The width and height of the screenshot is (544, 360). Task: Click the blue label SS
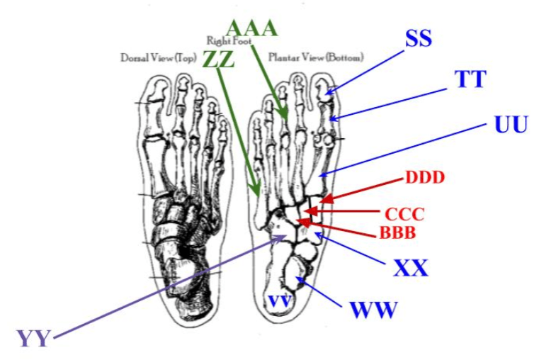pyautogui.click(x=418, y=38)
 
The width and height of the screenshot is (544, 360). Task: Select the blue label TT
pyautogui.click(x=470, y=79)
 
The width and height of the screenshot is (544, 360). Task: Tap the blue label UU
pyautogui.click(x=511, y=125)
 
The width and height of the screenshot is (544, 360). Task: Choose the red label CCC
pyautogui.click(x=404, y=214)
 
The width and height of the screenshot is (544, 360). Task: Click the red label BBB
pyautogui.click(x=396, y=232)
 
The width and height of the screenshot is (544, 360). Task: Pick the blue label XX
pyautogui.click(x=411, y=267)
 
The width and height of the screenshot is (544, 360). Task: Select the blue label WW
pyautogui.click(x=373, y=310)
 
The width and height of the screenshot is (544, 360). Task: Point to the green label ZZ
pyautogui.click(x=218, y=59)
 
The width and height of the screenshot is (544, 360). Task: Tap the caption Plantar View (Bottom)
pyautogui.click(x=316, y=57)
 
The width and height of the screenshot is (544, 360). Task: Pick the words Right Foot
pyautogui.click(x=224, y=41)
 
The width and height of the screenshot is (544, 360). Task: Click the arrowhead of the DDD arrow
pyautogui.click(x=323, y=201)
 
